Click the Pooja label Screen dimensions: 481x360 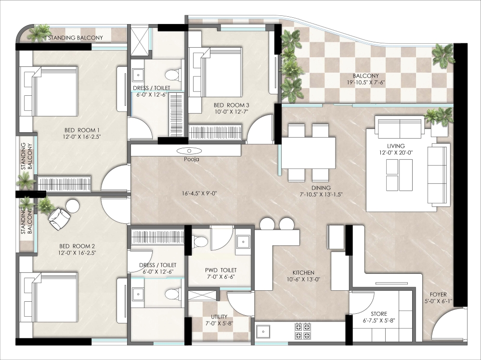[x=192, y=159]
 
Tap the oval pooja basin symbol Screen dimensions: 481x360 [x=189, y=151]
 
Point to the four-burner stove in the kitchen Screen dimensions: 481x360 [x=302, y=331]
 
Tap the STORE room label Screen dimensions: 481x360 [x=379, y=314]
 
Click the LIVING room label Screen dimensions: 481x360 [x=396, y=146]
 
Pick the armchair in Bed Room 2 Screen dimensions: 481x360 [x=59, y=219]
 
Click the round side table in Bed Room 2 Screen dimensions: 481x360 [x=73, y=206]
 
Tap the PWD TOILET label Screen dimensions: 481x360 [x=221, y=270]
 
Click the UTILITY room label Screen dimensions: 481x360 [x=219, y=317]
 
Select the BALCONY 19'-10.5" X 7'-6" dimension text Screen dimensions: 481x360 [x=365, y=82]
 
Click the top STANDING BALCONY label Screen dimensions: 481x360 [x=76, y=38]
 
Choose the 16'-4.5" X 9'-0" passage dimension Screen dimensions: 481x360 [x=199, y=193]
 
